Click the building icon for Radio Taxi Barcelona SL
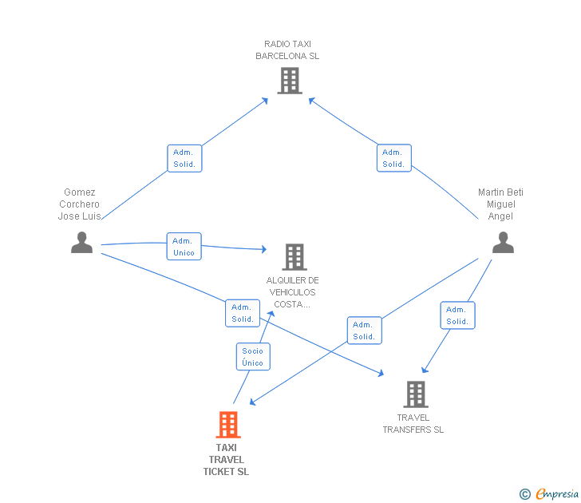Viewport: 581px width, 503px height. point(289,81)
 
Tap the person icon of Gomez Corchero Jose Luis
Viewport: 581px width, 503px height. point(81,242)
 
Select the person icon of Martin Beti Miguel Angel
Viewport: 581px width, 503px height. point(503,242)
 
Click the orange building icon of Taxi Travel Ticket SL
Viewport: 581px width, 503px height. point(228,425)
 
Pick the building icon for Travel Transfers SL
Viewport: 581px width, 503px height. point(415,394)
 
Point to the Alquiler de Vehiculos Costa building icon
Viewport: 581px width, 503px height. point(294,257)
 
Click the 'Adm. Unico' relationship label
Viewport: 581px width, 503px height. point(184,247)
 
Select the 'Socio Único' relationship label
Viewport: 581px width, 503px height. point(252,357)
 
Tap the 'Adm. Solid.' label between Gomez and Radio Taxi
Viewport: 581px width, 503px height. point(184,158)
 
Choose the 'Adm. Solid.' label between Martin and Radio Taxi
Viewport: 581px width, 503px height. point(393,158)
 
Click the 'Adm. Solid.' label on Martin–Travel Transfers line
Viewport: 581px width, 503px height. point(457,315)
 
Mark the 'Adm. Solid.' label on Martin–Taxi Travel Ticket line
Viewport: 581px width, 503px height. point(364,331)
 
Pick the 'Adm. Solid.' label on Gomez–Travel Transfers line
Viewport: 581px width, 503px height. point(243,313)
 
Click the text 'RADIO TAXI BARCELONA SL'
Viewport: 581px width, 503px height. point(287,50)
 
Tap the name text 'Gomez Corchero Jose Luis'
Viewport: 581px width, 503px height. point(79,204)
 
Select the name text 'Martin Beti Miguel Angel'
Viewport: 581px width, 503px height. point(500,204)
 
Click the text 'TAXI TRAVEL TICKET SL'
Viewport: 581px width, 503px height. point(226,459)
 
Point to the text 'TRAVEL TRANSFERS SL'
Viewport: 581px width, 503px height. point(413,424)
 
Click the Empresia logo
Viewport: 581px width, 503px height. point(557,494)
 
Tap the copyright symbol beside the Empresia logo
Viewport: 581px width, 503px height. point(525,494)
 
